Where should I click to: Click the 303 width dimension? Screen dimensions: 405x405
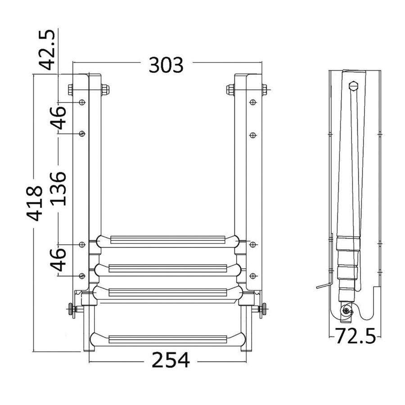[x=166, y=65]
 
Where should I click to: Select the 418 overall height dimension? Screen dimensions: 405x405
[x=35, y=203]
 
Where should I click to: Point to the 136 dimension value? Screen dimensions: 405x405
[x=58, y=189]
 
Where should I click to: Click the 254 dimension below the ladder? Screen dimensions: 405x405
[x=171, y=360]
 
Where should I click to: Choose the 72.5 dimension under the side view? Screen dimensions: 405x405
[x=355, y=336]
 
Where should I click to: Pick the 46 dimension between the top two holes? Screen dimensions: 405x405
[x=58, y=117]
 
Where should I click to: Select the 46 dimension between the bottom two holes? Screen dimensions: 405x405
[x=58, y=260]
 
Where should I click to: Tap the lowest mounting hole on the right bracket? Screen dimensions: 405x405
[x=253, y=276]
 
